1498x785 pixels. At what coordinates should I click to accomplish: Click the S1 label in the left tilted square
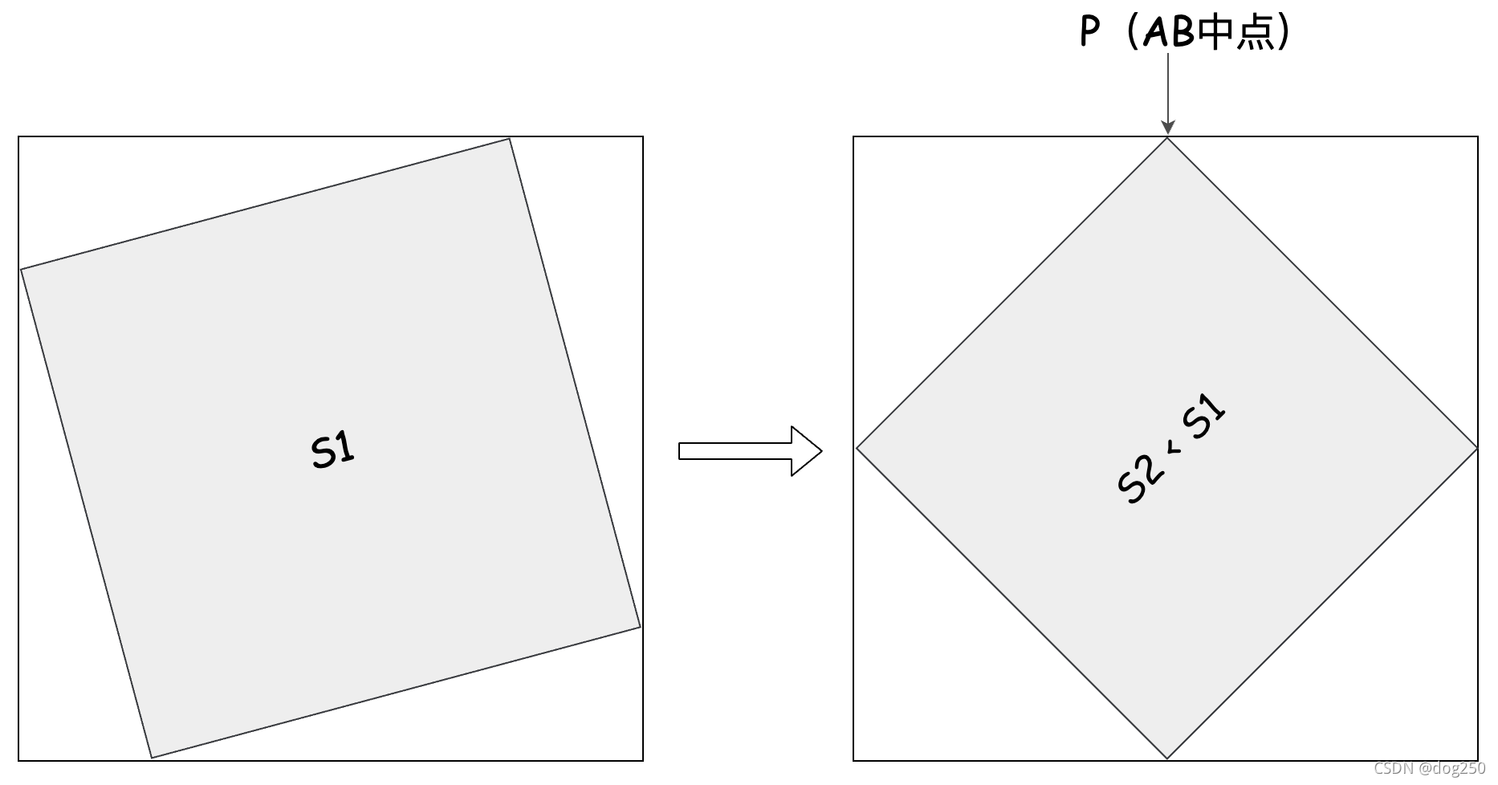click(x=332, y=449)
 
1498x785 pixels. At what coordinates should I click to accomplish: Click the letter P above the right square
click(x=1089, y=32)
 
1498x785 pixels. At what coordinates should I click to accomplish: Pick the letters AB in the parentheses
click(x=1169, y=33)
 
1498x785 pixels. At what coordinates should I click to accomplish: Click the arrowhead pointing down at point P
click(x=1167, y=127)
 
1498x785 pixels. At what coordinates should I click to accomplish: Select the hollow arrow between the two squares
click(x=750, y=451)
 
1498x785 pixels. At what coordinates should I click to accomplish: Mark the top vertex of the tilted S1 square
click(x=509, y=139)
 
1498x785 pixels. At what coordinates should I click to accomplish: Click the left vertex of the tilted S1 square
click(x=21, y=270)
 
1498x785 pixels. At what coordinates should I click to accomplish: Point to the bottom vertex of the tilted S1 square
click(x=152, y=757)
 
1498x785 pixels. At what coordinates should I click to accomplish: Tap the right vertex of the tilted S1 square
click(x=640, y=627)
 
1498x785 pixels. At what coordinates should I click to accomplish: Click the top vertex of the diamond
click(x=1167, y=139)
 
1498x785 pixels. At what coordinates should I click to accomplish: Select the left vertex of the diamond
click(x=857, y=448)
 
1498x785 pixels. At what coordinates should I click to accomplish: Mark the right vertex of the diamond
click(x=1477, y=448)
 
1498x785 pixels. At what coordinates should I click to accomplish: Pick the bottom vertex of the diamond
click(x=1167, y=758)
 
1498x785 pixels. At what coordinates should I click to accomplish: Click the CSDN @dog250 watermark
click(x=1429, y=768)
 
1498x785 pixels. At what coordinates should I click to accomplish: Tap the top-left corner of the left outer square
click(x=18, y=137)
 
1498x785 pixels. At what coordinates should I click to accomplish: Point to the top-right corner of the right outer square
click(x=1477, y=137)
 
